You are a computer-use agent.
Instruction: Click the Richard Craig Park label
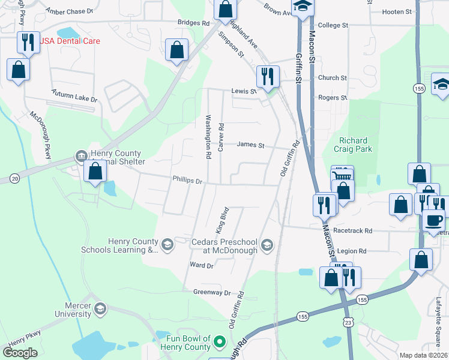click(355, 145)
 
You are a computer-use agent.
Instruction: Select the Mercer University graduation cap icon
click(100, 309)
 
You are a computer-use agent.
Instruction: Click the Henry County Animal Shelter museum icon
click(81, 157)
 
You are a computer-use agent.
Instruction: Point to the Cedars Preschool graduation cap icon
click(267, 245)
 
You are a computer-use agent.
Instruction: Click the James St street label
click(251, 144)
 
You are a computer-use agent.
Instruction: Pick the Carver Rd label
click(221, 137)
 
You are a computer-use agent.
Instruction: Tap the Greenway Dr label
click(212, 292)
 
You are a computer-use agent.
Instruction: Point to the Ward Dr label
click(201, 265)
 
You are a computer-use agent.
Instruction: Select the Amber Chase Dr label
click(70, 11)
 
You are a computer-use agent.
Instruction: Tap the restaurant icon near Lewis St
click(267, 76)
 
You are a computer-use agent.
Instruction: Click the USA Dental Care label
click(70, 41)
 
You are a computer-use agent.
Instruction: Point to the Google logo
click(20, 353)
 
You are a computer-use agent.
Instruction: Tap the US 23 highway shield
click(349, 323)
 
